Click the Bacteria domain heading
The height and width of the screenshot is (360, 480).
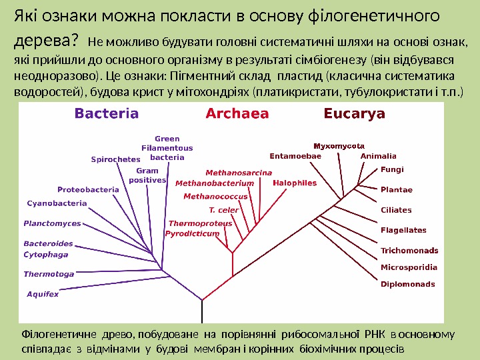107,113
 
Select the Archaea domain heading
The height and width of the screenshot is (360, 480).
237,113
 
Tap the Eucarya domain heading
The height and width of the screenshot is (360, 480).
354,113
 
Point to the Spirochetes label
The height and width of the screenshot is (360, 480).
115,159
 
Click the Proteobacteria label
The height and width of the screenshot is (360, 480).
88,189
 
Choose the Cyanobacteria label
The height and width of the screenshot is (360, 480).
57,203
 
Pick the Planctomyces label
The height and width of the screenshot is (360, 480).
52,223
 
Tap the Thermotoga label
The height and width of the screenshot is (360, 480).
49,274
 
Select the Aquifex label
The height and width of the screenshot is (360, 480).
43,293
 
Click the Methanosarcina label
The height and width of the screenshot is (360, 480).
239,173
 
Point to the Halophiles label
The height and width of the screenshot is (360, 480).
295,183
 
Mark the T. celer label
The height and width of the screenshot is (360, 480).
224,210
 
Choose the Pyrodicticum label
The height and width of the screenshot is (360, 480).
192,234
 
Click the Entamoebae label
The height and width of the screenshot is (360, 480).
295,156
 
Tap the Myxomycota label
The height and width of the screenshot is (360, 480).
339,145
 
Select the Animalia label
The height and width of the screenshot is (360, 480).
378,156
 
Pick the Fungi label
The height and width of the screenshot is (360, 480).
392,170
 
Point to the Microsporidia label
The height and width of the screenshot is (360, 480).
409,267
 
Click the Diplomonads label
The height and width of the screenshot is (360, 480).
407,284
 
